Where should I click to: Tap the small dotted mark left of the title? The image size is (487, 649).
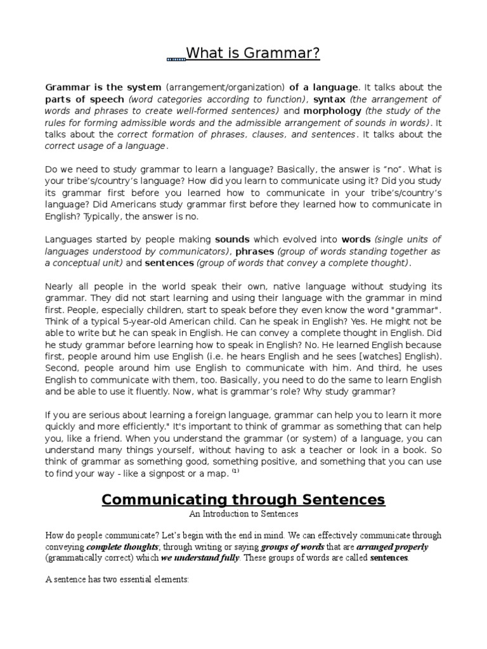[x=176, y=60]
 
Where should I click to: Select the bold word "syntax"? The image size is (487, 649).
[x=330, y=100]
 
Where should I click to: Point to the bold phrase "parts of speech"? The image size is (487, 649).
[x=84, y=100]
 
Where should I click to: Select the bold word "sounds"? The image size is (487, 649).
[x=232, y=240]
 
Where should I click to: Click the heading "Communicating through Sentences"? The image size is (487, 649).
[x=243, y=499]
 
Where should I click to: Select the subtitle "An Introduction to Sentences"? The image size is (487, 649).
[x=243, y=514]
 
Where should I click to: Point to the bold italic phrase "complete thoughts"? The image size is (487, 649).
[x=122, y=547]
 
